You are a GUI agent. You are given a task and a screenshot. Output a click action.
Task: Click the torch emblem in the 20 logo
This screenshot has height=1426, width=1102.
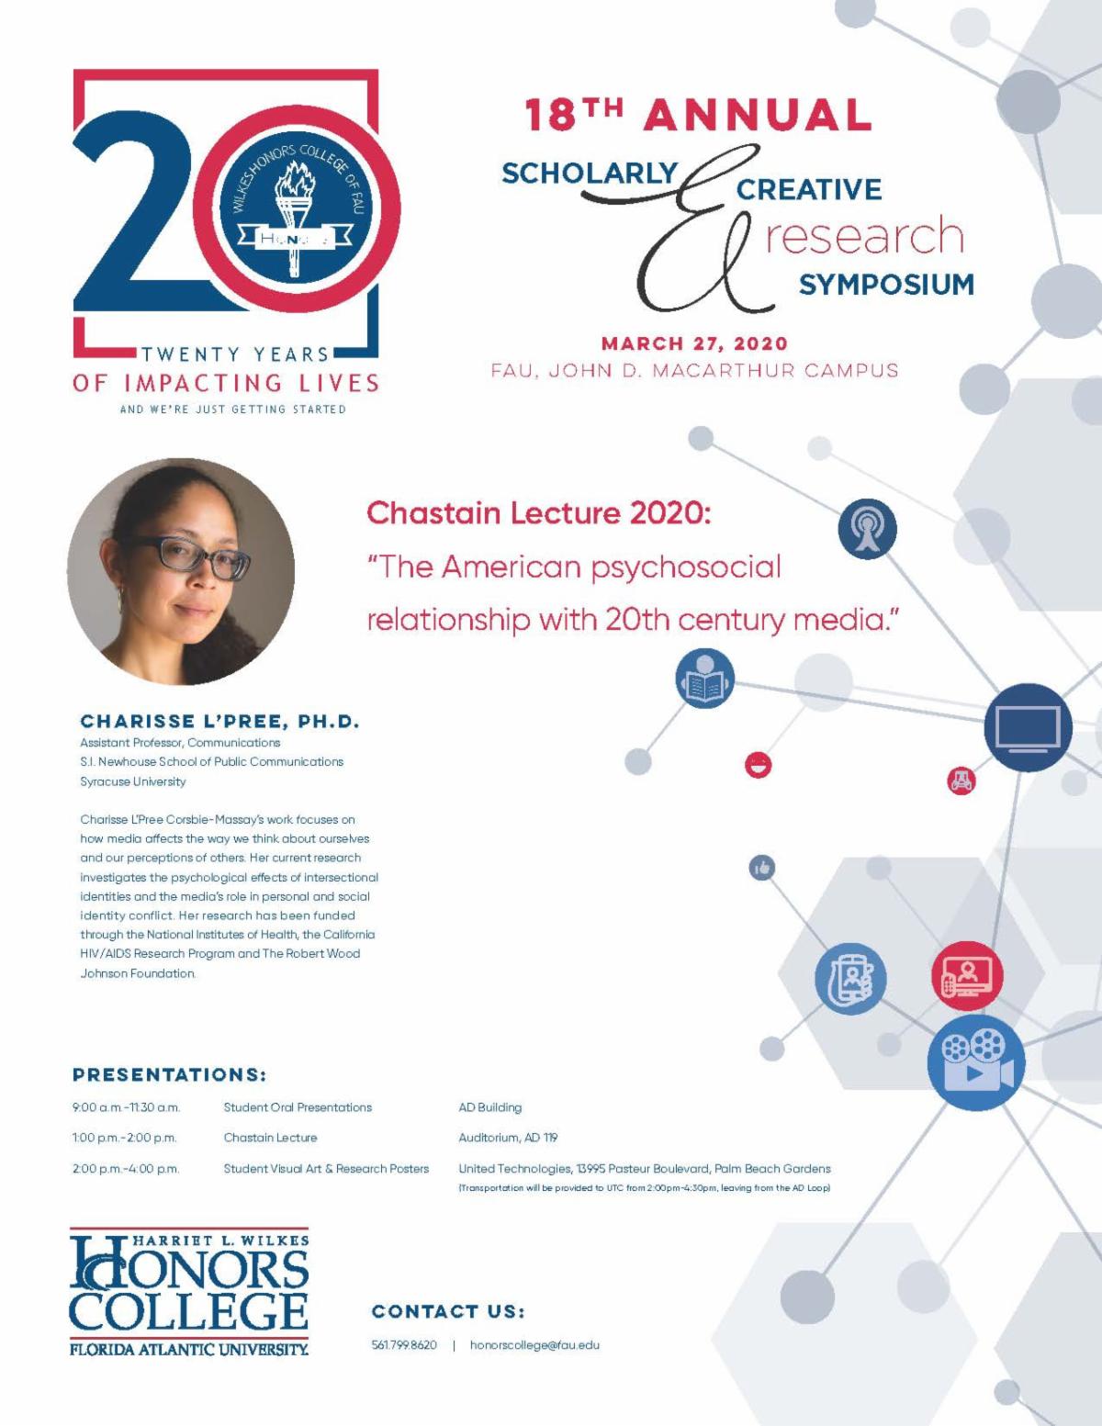tap(295, 216)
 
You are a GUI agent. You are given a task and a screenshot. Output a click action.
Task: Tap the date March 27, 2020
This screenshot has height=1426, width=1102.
tap(694, 343)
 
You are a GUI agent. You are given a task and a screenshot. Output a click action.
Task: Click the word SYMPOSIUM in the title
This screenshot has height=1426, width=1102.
tap(886, 285)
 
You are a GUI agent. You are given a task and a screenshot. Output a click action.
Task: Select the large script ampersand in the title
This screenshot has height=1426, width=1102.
tap(698, 234)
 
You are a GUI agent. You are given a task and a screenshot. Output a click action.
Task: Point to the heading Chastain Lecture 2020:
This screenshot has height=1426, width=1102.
tap(539, 512)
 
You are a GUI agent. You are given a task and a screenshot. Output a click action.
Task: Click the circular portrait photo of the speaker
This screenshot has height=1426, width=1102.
tap(181, 571)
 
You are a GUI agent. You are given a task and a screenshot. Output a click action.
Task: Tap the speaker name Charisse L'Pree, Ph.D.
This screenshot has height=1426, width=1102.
tap(219, 721)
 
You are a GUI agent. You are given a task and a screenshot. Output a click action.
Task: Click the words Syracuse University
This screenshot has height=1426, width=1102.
tap(133, 781)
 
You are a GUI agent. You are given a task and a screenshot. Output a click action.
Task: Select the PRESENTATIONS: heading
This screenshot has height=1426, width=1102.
tap(169, 1074)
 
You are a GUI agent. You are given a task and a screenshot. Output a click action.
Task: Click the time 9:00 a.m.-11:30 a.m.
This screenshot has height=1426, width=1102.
tap(126, 1107)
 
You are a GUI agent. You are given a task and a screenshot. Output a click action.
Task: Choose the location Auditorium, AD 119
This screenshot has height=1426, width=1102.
tap(508, 1138)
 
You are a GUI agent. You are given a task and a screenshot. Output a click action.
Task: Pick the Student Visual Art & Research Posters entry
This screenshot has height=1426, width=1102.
tap(326, 1169)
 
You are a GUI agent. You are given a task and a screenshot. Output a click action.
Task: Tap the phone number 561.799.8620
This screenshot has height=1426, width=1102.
tap(404, 1345)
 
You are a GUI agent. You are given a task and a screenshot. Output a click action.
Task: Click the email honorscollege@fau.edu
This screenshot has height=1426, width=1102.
tap(534, 1345)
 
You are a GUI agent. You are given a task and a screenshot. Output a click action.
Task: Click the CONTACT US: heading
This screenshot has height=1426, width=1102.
tap(448, 1311)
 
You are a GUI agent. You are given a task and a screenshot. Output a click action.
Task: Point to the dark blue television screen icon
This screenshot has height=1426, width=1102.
tap(1028, 727)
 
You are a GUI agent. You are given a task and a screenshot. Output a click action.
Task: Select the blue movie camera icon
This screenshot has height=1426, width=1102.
tap(975, 1061)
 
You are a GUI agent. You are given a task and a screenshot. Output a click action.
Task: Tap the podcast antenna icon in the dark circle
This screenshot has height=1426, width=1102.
tap(867, 530)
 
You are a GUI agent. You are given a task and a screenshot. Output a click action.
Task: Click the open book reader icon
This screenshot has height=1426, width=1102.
tap(704, 679)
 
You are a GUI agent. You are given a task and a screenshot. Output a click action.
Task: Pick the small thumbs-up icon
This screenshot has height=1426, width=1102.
tap(762, 867)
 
